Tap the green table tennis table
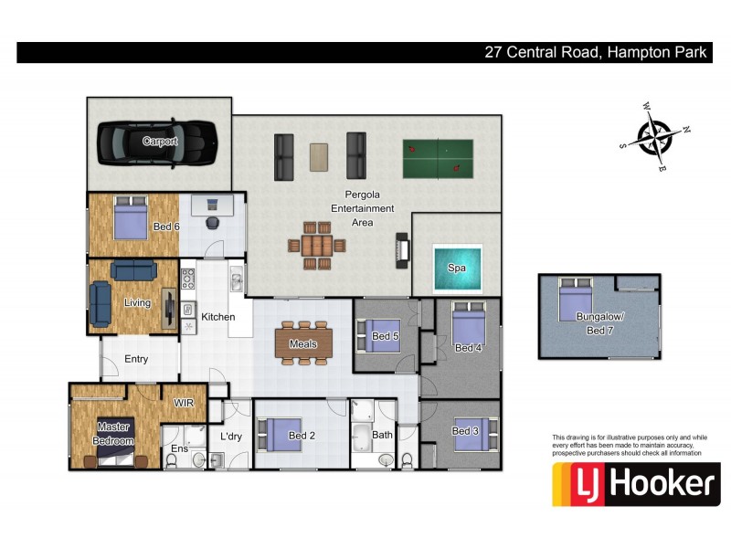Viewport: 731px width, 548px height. pos(437,157)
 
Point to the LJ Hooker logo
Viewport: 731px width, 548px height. pos(635,484)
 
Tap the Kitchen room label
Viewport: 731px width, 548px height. pos(218,317)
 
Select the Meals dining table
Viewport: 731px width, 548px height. pos(303,343)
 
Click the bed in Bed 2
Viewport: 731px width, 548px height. pos(278,434)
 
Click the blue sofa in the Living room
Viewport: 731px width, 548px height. pos(133,269)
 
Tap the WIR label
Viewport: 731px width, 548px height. pos(185,403)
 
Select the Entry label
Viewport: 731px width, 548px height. pos(136,359)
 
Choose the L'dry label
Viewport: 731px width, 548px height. pos(230,437)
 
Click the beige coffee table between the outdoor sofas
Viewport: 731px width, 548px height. pos(319,156)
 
